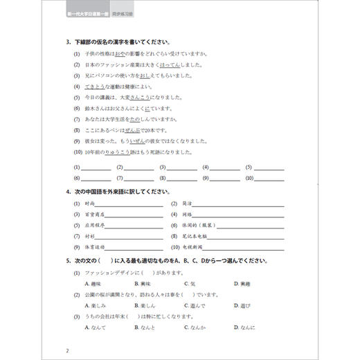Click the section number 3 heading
[68, 42]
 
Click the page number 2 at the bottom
[66, 350]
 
